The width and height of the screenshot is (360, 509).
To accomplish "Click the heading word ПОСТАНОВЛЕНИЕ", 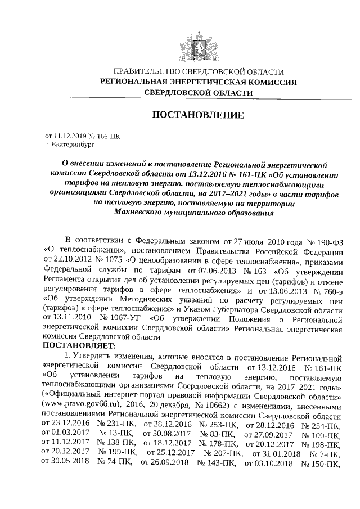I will pos(199,115).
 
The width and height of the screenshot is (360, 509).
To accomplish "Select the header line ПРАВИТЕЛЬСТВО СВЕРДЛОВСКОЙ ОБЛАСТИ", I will pos(199,72).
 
